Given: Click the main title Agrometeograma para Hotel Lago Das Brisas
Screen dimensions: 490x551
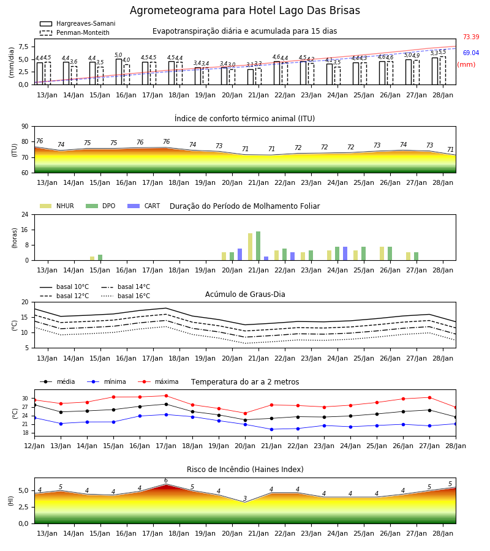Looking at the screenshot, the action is (244, 10).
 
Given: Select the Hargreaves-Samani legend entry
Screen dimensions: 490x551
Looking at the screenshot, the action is (77, 23).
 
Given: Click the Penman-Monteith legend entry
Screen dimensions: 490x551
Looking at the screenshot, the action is (75, 32).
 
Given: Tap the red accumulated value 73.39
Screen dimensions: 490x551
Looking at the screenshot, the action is (471, 37).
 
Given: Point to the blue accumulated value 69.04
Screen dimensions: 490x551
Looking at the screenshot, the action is (471, 53).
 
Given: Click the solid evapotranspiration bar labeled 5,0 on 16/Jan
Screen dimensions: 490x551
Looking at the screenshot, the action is (119, 72).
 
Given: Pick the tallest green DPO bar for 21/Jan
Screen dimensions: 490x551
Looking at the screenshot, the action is (258, 246).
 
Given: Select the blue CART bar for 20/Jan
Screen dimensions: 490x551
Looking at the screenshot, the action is (239, 255).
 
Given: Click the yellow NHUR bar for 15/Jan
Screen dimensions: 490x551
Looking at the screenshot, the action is (92, 258).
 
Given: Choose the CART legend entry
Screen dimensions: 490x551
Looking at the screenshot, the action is (144, 206).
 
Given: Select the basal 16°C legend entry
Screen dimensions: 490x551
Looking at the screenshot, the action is (126, 296).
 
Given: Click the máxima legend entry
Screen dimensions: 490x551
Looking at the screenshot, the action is (158, 381).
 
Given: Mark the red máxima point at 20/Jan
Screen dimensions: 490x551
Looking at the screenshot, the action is (246, 413).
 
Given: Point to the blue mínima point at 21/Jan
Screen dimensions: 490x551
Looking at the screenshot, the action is (272, 429).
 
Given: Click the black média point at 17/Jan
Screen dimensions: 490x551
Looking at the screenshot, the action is (166, 404).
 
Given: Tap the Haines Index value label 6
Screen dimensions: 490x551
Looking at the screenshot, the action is (166, 481).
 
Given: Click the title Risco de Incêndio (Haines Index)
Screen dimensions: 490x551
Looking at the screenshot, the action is (245, 470).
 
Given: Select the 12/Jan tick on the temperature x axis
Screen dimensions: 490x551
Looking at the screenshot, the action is (34, 446).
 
